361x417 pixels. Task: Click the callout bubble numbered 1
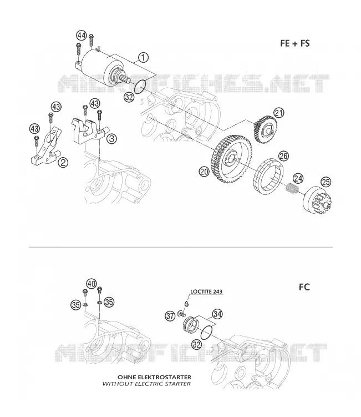(143, 57)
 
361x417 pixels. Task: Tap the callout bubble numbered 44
(82, 36)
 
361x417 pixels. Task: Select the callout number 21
(279, 113)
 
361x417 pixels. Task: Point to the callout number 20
(204, 172)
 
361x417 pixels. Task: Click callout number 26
(283, 156)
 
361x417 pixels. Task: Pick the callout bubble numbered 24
(298, 178)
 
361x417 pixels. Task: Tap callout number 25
(326, 182)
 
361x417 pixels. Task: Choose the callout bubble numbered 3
(111, 139)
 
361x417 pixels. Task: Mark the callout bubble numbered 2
(63, 162)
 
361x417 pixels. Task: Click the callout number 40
(91, 284)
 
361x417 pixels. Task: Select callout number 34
(217, 314)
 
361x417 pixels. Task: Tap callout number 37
(170, 316)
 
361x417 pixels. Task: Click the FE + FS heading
(295, 43)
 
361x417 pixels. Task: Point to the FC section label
(304, 287)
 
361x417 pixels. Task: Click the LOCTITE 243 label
(206, 292)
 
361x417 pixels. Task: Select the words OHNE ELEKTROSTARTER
(154, 377)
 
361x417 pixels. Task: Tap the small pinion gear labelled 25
(318, 200)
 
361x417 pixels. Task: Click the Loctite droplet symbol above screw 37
(187, 303)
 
